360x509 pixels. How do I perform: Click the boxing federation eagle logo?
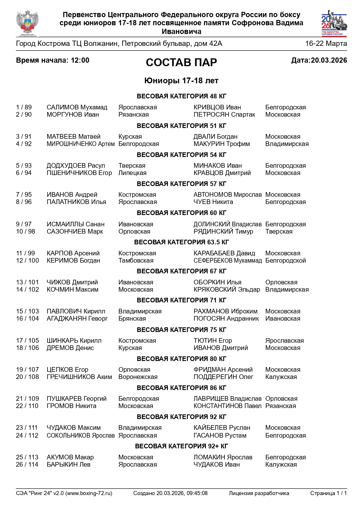[27, 23]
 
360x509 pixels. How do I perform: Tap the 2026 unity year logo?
[334, 23]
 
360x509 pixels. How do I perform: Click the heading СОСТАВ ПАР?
[181, 62]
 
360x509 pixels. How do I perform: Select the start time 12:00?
[80, 60]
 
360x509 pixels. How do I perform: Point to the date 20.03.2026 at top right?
[329, 60]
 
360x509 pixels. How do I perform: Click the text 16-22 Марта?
[326, 44]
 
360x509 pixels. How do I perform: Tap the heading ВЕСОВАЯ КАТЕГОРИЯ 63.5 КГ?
[181, 242]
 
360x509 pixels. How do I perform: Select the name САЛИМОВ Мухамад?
[77, 107]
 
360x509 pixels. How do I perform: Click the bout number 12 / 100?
[27, 261]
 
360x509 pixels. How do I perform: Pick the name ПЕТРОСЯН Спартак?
[224, 115]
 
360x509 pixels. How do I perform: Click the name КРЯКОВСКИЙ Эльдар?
[226, 290]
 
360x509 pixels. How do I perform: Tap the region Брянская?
[132, 319]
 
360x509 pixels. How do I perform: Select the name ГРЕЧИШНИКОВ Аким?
[79, 377]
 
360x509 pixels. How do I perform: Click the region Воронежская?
[138, 377]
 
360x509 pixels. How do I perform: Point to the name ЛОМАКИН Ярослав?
[223, 457]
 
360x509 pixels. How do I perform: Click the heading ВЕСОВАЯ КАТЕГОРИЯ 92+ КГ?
[181, 446]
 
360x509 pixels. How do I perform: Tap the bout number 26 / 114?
[27, 465]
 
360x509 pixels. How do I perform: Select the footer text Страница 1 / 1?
[328, 493]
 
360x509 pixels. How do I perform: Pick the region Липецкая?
[132, 173]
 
